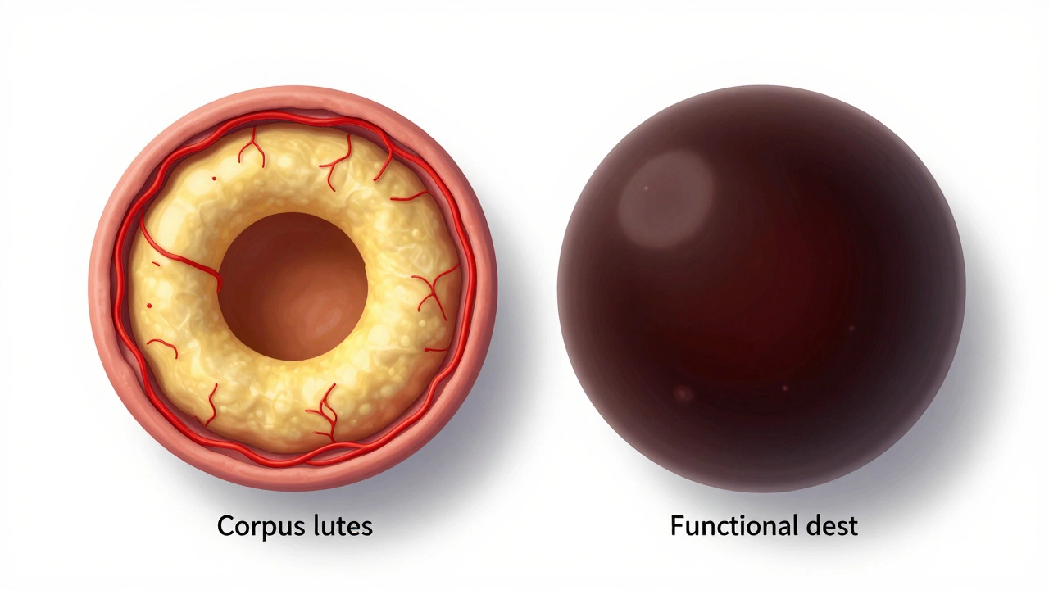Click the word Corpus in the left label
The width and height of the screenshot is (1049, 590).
coord(260,527)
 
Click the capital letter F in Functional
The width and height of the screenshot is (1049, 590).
coord(677,526)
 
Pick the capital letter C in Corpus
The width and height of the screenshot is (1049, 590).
coord(225,526)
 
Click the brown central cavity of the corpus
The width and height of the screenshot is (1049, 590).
coord(293,287)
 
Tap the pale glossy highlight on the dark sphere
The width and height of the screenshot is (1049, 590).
coord(666,199)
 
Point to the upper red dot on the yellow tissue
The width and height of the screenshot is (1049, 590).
coord(214,179)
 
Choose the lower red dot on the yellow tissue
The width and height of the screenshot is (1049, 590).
coord(149,306)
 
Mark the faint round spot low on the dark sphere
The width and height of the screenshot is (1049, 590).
coord(683,394)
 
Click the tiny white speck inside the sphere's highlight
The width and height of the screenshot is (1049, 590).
coord(646,188)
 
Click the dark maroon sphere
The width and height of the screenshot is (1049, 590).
coord(761,328)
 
